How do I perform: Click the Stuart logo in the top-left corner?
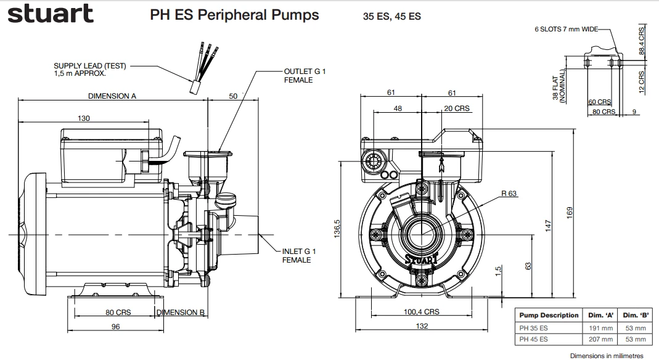coord(51,14)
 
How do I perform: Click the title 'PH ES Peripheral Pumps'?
coord(234,15)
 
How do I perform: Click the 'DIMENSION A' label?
coord(112,96)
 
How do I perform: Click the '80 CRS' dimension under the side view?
coord(115,312)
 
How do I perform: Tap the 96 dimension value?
coord(115,327)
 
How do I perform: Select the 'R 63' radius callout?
coord(509,194)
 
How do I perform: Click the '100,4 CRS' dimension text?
coord(422,312)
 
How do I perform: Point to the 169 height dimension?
coord(570,211)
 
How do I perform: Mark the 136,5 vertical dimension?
coord(337,230)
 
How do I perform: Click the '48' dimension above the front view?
coord(398,108)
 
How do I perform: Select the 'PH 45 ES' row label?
coord(534,339)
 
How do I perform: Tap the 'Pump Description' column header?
coord(549,315)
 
